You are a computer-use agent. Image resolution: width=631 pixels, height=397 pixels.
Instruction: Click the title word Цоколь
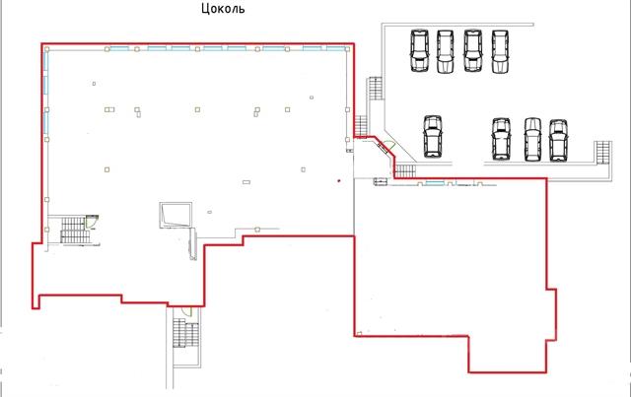pyautogui.click(x=223, y=8)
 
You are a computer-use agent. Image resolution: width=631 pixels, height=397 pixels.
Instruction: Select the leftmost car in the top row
pyautogui.click(x=419, y=50)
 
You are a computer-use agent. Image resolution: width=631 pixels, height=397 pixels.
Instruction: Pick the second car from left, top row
pyautogui.click(x=445, y=51)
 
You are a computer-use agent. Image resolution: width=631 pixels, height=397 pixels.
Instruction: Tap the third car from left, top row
pyautogui.click(x=473, y=50)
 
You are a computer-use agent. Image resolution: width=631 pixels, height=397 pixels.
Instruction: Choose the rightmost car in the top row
pyautogui.click(x=500, y=51)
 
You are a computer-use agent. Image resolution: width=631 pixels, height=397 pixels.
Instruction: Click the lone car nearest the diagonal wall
pyautogui.click(x=433, y=136)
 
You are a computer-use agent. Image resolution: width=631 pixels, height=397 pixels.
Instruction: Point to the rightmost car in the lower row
pyautogui.click(x=558, y=140)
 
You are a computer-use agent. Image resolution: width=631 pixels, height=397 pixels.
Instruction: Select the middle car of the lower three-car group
pyautogui.click(x=532, y=140)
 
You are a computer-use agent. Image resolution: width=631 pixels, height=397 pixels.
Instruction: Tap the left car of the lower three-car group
pyautogui.click(x=501, y=139)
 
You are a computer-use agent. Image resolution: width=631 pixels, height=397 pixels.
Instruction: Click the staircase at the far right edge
pyautogui.click(x=602, y=153)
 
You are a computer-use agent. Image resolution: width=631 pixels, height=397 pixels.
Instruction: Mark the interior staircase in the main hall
pyautogui.click(x=73, y=231)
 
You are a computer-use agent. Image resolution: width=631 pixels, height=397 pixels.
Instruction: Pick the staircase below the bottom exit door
pyautogui.click(x=185, y=333)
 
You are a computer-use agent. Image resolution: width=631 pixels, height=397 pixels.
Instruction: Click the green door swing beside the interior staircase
pyautogui.click(x=92, y=222)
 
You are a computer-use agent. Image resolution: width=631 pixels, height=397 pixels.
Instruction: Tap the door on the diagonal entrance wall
pyautogui.click(x=386, y=146)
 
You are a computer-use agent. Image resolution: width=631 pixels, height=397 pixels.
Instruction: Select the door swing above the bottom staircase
pyautogui.click(x=186, y=311)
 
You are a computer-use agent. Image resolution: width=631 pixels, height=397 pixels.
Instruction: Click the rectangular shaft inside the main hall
pyautogui.click(x=175, y=215)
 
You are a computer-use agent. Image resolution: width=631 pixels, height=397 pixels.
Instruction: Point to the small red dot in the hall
pyautogui.click(x=339, y=181)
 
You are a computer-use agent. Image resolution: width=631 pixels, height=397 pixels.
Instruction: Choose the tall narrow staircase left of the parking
pyautogui.click(x=375, y=89)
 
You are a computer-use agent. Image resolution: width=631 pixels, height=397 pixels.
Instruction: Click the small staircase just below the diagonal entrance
pyautogui.click(x=405, y=171)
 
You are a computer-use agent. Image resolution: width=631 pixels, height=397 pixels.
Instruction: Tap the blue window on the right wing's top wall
pyautogui.click(x=435, y=183)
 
